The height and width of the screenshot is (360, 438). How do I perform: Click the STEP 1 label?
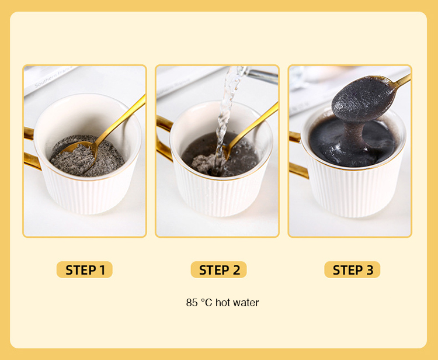coord(85,269)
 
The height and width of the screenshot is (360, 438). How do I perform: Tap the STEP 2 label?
coord(218,269)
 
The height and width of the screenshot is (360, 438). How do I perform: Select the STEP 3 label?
coord(352,269)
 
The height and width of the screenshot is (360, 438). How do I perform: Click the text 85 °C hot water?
coord(222,303)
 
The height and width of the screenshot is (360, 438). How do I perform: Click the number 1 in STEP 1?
coord(102,269)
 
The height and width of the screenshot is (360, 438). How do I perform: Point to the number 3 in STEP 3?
coord(369,269)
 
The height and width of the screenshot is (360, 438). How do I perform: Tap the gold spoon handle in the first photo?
coord(126,117)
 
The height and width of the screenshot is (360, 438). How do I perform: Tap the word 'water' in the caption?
coord(246,303)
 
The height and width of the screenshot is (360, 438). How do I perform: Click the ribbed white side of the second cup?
coord(222,196)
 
